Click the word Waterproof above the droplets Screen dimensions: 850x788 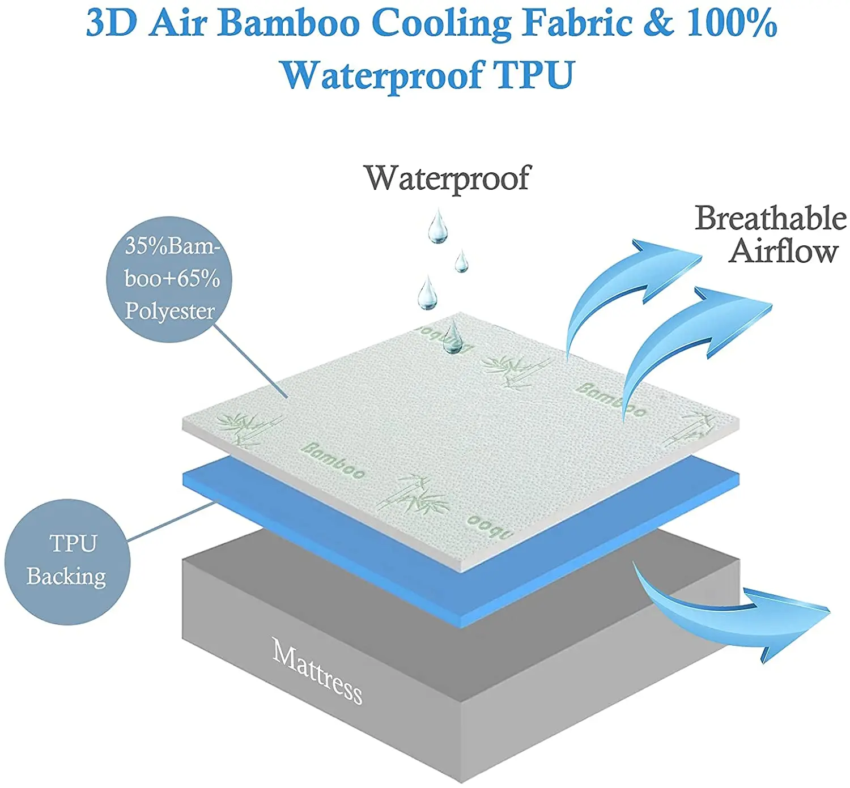coord(447,178)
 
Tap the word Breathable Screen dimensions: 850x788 coord(770,219)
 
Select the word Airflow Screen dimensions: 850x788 coord(783,251)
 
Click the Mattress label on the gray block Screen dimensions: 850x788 coord(317,672)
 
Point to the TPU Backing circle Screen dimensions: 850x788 coord(67,561)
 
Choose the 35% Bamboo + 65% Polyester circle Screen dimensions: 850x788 coord(169,279)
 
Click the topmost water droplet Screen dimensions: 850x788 coord(437,226)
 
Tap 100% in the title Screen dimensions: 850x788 coord(731,24)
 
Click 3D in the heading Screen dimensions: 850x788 coord(112,24)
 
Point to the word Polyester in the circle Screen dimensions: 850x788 coord(169,311)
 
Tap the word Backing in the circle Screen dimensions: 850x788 coord(66,577)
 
